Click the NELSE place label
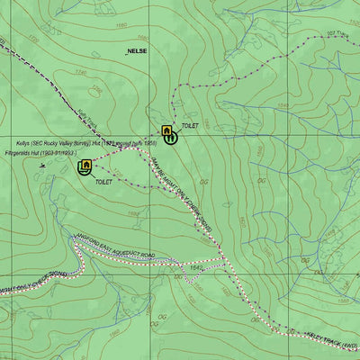point(138,51)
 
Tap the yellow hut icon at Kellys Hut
point(166,131)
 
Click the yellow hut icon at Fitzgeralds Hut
point(85,165)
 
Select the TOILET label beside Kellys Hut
point(189,127)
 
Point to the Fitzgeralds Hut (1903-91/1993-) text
point(40,154)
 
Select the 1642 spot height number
point(196,267)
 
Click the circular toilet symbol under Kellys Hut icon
point(172,138)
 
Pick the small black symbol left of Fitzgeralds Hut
point(43,166)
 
